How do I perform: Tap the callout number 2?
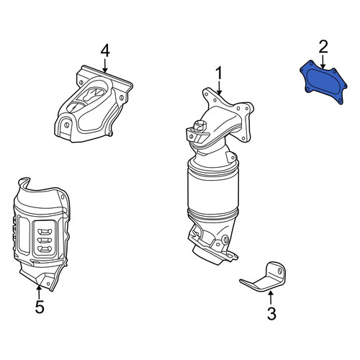(323, 47)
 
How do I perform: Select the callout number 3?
(271, 313)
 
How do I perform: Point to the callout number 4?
(105, 51)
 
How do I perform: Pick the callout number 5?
(40, 307)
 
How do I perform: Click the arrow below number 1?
(219, 87)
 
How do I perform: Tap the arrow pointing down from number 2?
(323, 61)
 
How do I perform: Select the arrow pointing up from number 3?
(271, 298)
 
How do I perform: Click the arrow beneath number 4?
(105, 66)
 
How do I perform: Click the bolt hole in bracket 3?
(280, 271)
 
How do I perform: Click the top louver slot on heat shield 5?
(45, 232)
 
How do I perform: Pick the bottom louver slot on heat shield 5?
(45, 248)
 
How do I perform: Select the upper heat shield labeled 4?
(94, 104)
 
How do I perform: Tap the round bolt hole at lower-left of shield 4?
(67, 125)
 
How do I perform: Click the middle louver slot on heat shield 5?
(45, 240)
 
